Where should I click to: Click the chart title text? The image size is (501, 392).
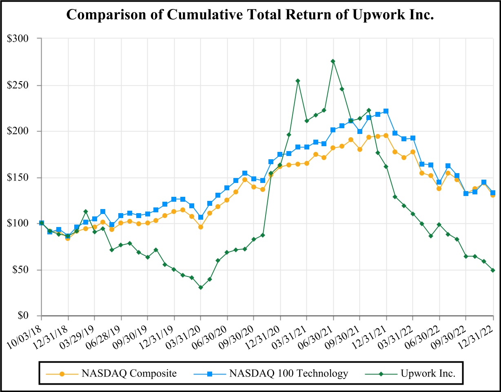250,15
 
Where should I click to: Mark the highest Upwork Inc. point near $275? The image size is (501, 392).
333,61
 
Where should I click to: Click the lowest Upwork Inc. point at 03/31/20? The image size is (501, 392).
201,287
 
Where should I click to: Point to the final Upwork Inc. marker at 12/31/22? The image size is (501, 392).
493,270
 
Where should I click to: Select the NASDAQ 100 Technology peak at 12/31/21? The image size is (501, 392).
386,111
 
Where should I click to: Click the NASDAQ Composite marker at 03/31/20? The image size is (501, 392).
201,227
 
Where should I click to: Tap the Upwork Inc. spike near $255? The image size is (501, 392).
298,81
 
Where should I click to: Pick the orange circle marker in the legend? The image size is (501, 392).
62,373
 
